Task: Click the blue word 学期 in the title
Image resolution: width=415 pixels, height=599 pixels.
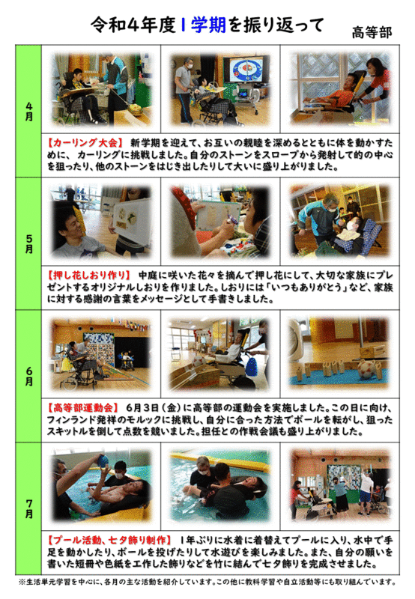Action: pos(208,25)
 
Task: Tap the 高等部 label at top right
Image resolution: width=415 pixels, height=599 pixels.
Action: pos(372,33)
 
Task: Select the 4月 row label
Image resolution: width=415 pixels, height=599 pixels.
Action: pos(29,112)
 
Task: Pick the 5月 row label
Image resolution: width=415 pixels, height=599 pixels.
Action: pos(29,244)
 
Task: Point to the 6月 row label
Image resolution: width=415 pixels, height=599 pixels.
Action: pos(29,377)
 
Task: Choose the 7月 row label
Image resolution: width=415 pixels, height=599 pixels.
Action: pos(29,509)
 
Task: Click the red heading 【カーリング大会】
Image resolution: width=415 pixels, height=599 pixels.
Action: pos(85,143)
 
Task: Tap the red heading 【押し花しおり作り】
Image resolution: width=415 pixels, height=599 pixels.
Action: pos(88,276)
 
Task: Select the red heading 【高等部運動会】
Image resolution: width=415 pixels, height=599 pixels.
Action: pos(81,407)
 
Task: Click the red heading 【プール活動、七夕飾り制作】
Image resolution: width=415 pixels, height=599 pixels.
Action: pos(109,540)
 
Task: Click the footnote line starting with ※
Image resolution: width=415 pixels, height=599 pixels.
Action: pos(207,583)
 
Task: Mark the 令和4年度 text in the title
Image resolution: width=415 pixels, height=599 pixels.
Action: pos(133,25)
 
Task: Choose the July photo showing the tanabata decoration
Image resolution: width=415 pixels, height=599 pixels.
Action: pos(340,486)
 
